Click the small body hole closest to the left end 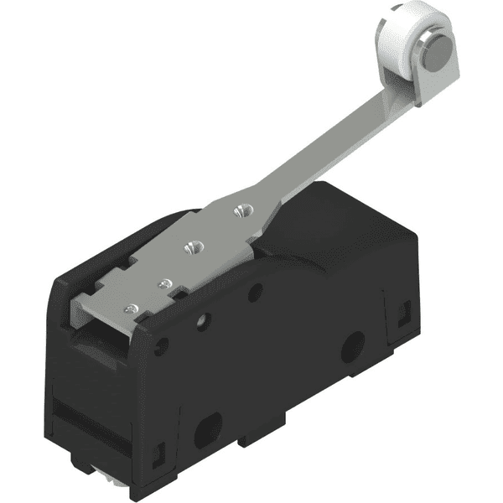pyautogui.click(x=162, y=342)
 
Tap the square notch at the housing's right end pyautogui.click(x=400, y=314)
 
